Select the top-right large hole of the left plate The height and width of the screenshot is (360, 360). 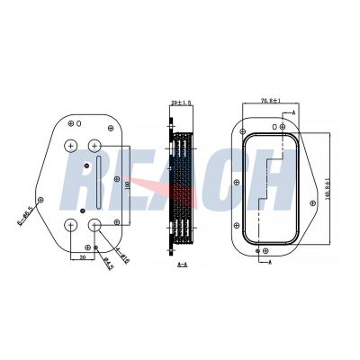click(x=96, y=146)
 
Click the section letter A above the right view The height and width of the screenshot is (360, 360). click(x=292, y=110)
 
